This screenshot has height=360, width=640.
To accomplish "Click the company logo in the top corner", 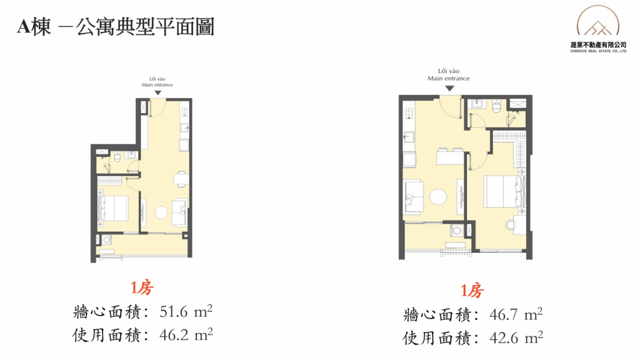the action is (x=598, y=29).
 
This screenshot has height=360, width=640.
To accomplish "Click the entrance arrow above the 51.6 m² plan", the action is (x=158, y=93).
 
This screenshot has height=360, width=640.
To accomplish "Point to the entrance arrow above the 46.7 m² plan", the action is (x=449, y=88).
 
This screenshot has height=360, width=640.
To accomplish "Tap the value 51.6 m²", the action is (x=186, y=311).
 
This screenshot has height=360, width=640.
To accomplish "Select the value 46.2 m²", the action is (x=186, y=335).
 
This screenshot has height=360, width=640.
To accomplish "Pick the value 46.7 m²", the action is (x=516, y=314).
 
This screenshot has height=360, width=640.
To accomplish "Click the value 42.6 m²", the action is (x=516, y=337).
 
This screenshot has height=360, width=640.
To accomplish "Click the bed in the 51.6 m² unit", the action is (x=114, y=208).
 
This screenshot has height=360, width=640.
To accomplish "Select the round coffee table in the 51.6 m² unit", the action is (x=161, y=212).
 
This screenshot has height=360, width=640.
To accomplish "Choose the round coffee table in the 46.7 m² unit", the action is (x=438, y=197).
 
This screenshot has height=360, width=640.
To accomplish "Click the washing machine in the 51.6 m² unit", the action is (x=107, y=239).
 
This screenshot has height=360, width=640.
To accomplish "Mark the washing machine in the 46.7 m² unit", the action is (x=457, y=231).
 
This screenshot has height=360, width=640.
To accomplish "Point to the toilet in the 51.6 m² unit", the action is (x=117, y=156).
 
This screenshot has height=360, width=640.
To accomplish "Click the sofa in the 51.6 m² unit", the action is (x=180, y=212).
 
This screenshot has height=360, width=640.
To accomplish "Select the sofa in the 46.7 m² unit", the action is (x=413, y=197).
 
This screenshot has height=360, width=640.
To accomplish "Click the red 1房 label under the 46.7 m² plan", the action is (x=472, y=291).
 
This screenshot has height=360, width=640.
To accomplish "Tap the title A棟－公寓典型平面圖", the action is (x=116, y=27).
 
